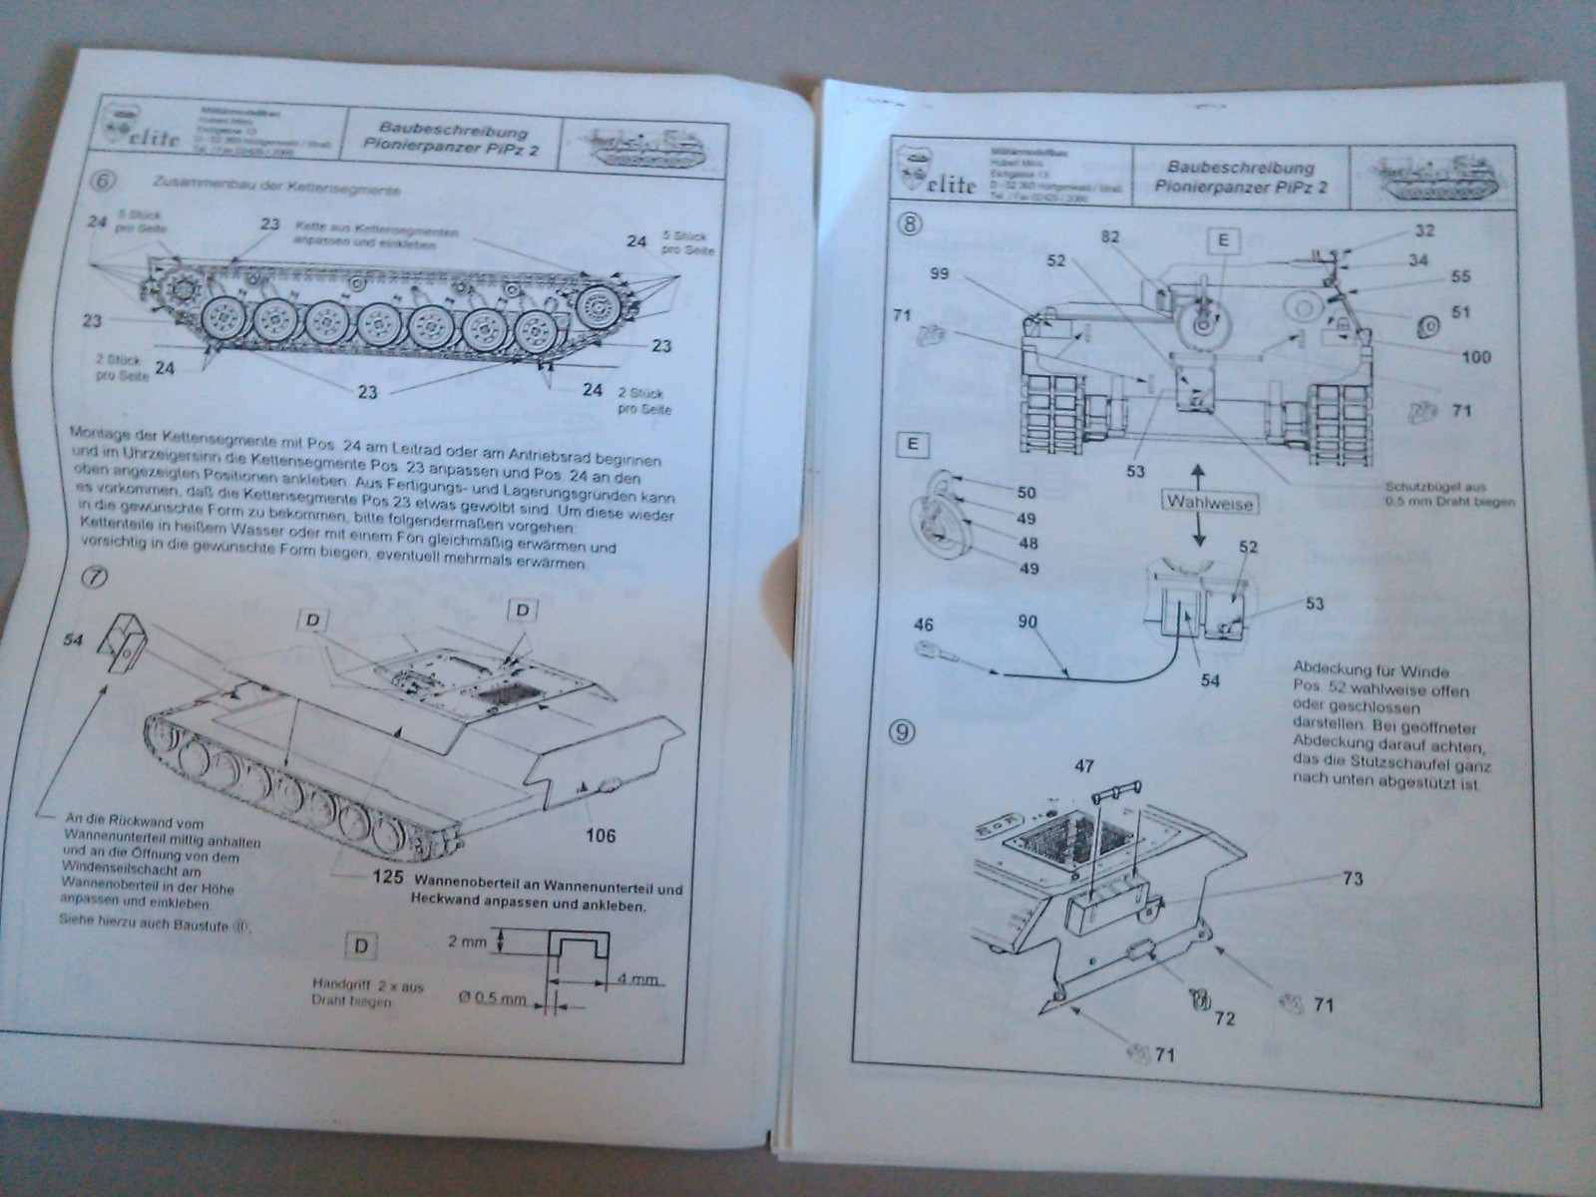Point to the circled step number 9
pyautogui.click(x=905, y=731)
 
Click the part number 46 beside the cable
pyautogui.click(x=924, y=624)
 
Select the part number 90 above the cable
pyautogui.click(x=1026, y=622)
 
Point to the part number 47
pyautogui.click(x=1083, y=767)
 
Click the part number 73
pyautogui.click(x=1353, y=879)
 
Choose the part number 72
pyautogui.click(x=1224, y=1018)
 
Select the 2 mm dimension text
pyautogui.click(x=469, y=942)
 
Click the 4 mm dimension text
pyautogui.click(x=638, y=979)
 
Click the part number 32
pyautogui.click(x=1423, y=229)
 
